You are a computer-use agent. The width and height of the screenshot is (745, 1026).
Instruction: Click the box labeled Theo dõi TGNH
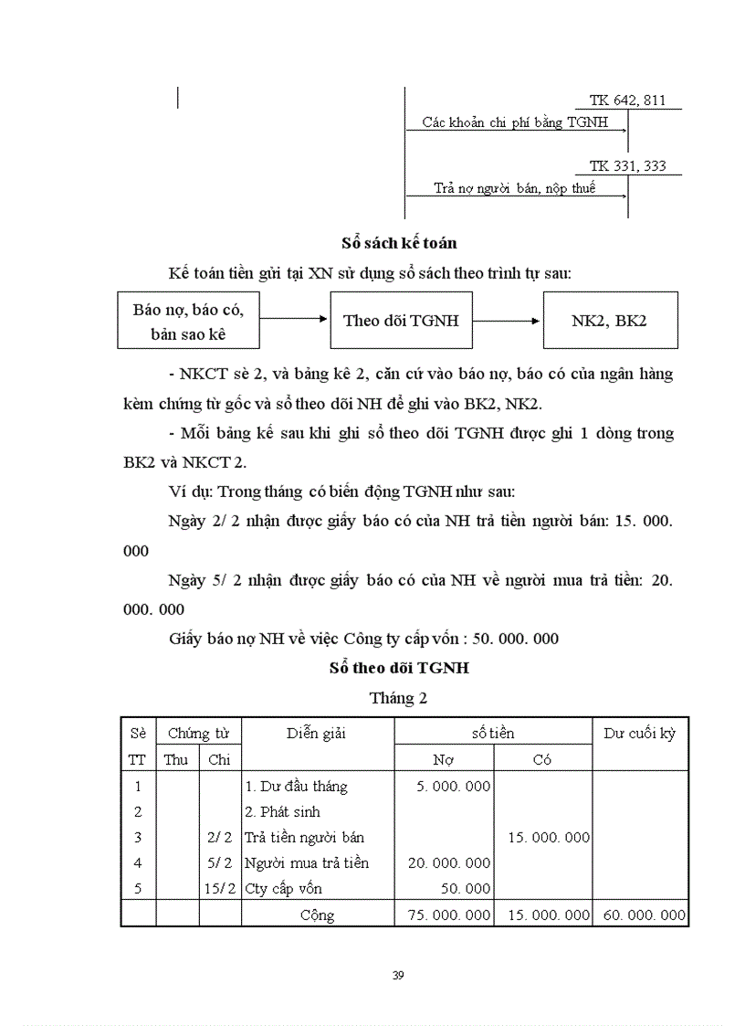click(x=400, y=320)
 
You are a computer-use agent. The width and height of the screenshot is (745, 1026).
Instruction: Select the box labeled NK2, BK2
click(x=610, y=320)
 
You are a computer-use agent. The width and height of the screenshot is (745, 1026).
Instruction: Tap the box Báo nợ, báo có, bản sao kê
click(x=188, y=321)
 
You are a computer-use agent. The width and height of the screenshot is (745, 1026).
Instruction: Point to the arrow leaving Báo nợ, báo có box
click(x=293, y=320)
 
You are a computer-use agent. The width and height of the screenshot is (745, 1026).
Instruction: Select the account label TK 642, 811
click(x=627, y=101)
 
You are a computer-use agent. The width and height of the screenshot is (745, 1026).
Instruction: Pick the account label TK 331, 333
click(x=627, y=166)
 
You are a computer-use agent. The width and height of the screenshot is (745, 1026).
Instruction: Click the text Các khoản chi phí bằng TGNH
click(x=515, y=122)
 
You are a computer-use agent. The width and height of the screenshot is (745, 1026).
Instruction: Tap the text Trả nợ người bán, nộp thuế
click(x=514, y=188)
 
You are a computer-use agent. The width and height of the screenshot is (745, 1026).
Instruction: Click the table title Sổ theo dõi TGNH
click(x=399, y=668)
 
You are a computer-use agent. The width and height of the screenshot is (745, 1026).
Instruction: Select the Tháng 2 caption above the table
click(x=398, y=698)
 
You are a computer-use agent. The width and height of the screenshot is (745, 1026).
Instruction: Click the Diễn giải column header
click(x=316, y=733)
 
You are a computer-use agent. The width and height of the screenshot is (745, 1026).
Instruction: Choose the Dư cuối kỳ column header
click(x=640, y=733)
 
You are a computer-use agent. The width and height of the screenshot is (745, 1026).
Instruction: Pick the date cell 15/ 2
click(x=219, y=888)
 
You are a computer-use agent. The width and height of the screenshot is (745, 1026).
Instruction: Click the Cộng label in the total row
click(x=317, y=915)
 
